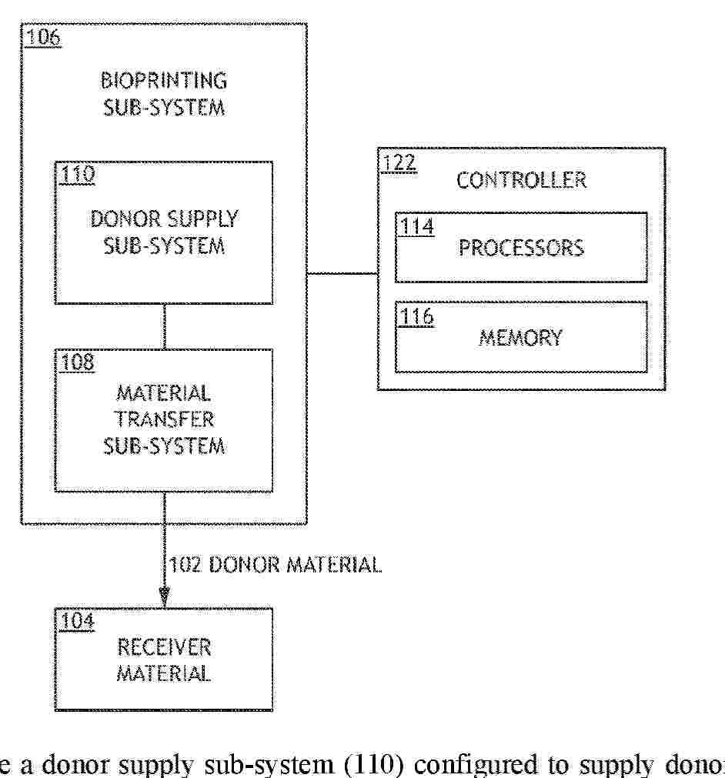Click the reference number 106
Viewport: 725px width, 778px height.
(x=43, y=37)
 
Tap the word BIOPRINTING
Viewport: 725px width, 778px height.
(x=164, y=80)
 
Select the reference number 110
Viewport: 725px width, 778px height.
(x=78, y=174)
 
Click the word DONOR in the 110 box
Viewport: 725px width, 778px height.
(x=125, y=219)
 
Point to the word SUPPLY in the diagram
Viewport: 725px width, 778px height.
(x=202, y=219)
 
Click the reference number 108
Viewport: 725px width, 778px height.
(x=78, y=362)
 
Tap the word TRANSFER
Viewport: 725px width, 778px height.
(x=164, y=419)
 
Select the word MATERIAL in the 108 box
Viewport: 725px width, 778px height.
(x=163, y=393)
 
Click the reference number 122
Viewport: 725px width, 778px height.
(x=399, y=162)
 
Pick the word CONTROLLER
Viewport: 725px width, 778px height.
(x=521, y=180)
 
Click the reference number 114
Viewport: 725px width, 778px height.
(x=417, y=227)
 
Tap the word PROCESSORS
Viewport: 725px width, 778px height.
(x=521, y=248)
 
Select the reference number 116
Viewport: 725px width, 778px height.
(x=417, y=316)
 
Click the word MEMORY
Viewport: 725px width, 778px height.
(x=520, y=338)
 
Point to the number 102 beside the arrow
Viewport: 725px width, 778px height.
(x=185, y=565)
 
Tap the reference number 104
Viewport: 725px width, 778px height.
(x=78, y=621)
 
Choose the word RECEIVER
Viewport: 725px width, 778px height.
(x=164, y=647)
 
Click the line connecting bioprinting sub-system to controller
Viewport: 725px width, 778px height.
(x=342, y=273)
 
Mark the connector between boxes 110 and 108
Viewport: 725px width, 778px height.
(x=164, y=326)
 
